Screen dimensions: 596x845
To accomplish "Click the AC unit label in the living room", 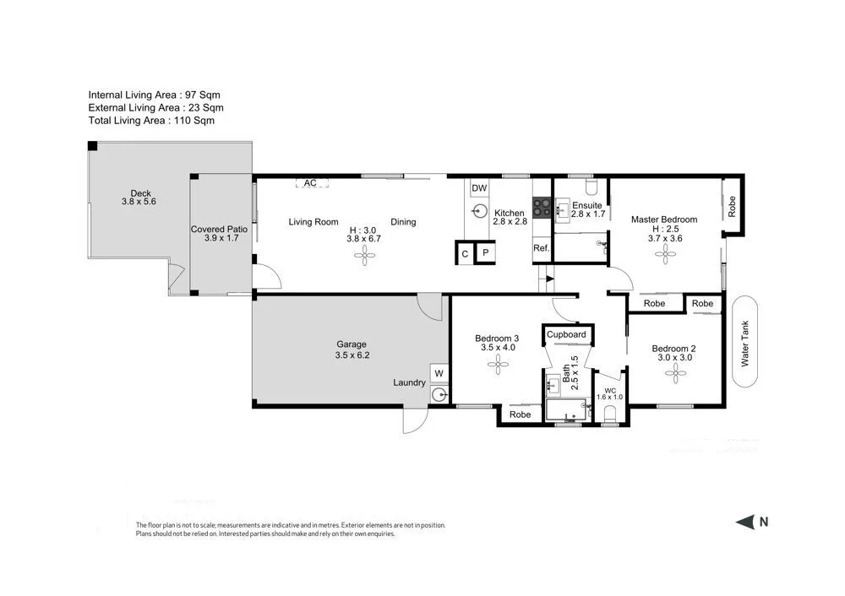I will pyautogui.click(x=310, y=183).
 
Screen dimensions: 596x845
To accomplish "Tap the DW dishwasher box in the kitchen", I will pyautogui.click(x=479, y=188).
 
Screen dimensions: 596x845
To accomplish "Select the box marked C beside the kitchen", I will pyautogui.click(x=464, y=252).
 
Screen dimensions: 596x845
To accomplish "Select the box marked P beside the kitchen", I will pyautogui.click(x=485, y=252).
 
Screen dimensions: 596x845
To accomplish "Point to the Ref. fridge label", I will pyautogui.click(x=541, y=248).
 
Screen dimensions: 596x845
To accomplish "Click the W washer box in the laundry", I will pyautogui.click(x=439, y=372).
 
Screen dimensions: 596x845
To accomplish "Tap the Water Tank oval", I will pyautogui.click(x=745, y=342).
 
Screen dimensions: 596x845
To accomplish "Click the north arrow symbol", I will pyautogui.click(x=745, y=523).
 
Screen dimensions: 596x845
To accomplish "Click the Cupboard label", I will pyautogui.click(x=566, y=334).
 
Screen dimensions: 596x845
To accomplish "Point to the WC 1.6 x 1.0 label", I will pyautogui.click(x=609, y=393).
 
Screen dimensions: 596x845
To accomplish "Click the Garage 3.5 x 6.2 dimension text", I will pyautogui.click(x=352, y=355).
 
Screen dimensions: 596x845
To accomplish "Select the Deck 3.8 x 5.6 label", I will pyautogui.click(x=139, y=198).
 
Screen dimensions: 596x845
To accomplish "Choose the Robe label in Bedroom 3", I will pyautogui.click(x=521, y=414).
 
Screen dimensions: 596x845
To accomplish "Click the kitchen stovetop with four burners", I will pyautogui.click(x=542, y=207).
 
